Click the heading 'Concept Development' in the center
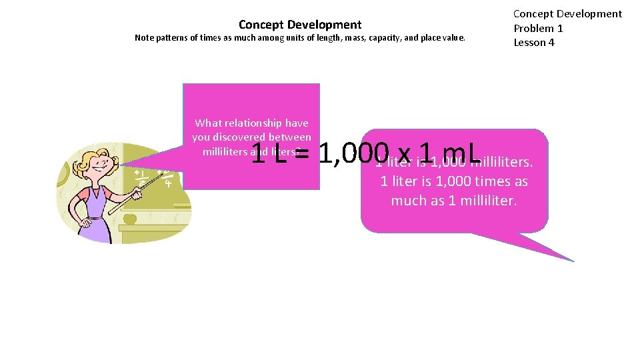(x=300, y=25)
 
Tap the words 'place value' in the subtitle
(x=443, y=38)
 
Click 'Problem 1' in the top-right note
(x=538, y=28)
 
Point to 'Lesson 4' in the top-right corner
(x=533, y=43)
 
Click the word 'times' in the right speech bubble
(x=493, y=181)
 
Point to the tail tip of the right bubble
(x=573, y=260)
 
